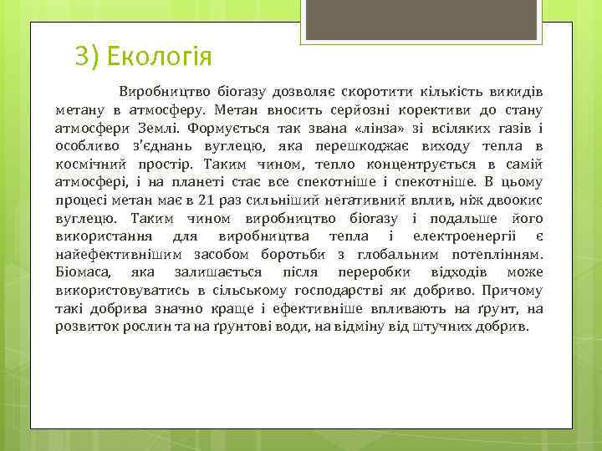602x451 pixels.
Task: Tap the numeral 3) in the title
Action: click(x=86, y=57)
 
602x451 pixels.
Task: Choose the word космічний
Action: click(x=89, y=165)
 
